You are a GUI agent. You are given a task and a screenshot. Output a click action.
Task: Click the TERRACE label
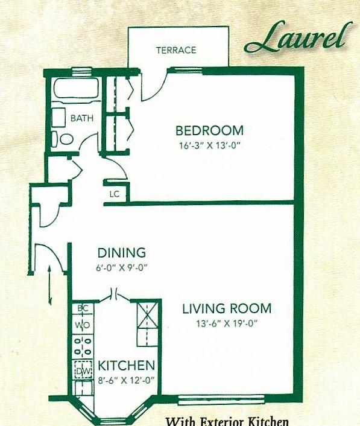(176, 50)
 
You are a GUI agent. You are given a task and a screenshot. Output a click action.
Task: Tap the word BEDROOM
(209, 130)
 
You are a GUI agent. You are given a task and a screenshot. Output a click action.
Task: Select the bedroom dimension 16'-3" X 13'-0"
(210, 146)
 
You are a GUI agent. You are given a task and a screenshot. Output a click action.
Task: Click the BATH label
(82, 118)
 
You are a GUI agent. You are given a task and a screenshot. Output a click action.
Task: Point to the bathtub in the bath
(76, 87)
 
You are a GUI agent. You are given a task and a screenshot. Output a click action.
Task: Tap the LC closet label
(115, 194)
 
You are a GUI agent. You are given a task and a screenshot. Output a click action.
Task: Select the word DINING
(122, 253)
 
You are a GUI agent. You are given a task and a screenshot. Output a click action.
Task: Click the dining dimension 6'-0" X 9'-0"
(121, 268)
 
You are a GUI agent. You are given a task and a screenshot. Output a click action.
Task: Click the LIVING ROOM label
(227, 308)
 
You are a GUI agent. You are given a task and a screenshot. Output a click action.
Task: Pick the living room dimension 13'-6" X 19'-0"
(227, 323)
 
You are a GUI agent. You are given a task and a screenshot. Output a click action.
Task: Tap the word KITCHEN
(126, 366)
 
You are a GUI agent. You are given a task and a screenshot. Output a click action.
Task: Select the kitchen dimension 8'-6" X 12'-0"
(126, 380)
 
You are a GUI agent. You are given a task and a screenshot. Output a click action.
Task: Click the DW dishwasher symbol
(83, 369)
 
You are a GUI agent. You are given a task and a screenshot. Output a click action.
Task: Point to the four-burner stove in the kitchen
(83, 347)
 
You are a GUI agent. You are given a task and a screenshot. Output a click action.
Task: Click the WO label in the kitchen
(83, 325)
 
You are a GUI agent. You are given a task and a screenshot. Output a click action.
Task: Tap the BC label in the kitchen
(83, 308)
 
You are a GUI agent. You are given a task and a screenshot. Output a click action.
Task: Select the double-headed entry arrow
(50, 285)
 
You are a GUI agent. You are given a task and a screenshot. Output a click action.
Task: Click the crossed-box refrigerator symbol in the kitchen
(147, 316)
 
